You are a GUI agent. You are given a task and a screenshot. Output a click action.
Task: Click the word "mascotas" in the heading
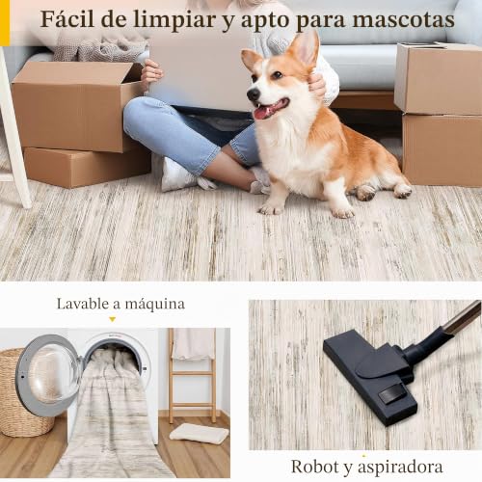coord(403,19)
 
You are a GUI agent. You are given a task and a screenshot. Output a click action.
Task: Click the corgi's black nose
coord(254,94)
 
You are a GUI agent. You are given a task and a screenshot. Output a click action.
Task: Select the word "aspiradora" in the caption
coord(400,468)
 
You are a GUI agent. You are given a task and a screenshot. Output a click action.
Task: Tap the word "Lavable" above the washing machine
coord(83,304)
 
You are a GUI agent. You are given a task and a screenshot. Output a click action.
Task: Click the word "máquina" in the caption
coord(155,304)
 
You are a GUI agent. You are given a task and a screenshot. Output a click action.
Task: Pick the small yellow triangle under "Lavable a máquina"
coord(112,319)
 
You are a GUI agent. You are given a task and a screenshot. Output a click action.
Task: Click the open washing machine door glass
coord(48,375)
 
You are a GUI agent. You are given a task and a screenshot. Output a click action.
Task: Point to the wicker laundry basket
coord(19,392)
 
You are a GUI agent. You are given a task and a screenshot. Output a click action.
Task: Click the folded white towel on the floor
coord(199,434)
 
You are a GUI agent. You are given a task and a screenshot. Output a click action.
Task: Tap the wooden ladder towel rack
coord(193,375)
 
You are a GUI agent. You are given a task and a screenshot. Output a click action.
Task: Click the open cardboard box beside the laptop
coord(75,106)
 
